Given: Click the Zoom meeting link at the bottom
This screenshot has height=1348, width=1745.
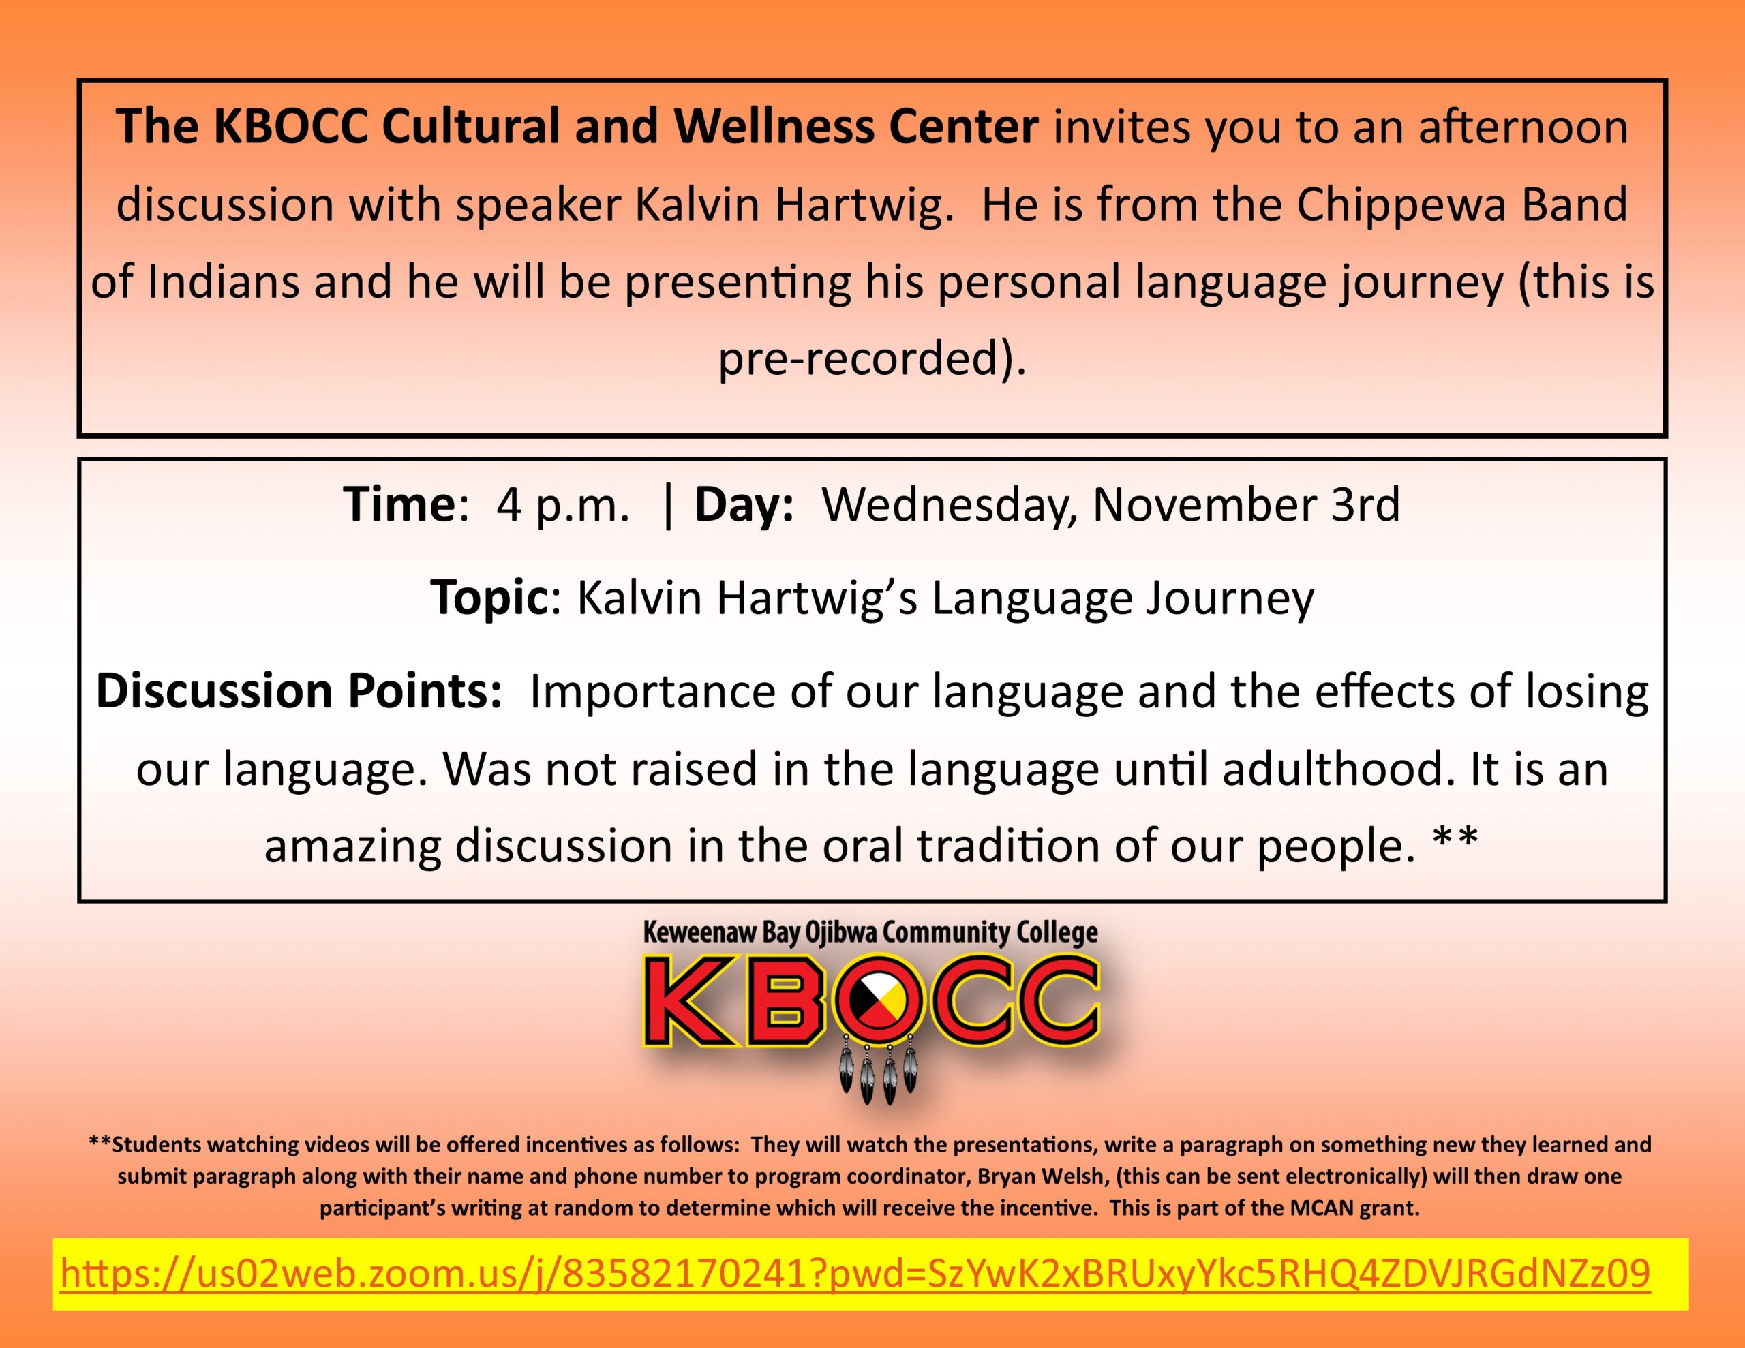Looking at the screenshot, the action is (855, 1274).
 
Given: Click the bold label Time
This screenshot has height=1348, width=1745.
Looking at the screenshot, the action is (399, 505).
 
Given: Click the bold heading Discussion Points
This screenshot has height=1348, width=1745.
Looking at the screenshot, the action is (298, 690).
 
